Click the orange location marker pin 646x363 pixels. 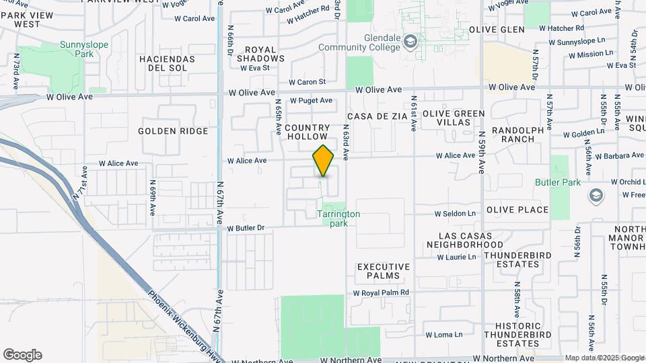tap(323, 161)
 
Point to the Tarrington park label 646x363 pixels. tap(338, 218)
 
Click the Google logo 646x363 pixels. tap(22, 355)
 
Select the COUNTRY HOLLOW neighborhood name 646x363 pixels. tap(308, 132)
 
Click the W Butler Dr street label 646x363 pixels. tap(246, 229)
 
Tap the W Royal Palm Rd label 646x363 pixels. tap(381, 293)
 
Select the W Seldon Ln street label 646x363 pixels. tap(455, 214)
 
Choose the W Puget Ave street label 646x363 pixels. tap(311, 101)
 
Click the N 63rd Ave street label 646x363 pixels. tap(345, 141)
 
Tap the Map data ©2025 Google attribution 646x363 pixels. tap(604, 358)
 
